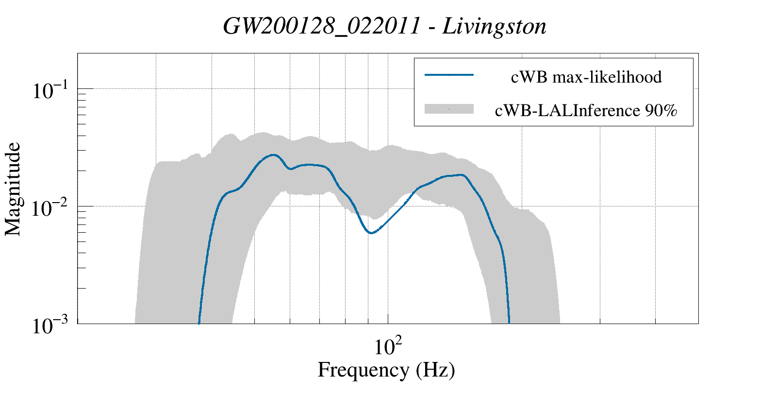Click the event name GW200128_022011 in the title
pos(321,27)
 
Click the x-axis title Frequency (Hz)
pos(386,370)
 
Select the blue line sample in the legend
pos(449,75)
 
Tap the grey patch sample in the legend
pos(449,109)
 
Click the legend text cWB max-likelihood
pos(586,77)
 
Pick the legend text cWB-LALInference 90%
pos(586,111)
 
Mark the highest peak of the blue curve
pos(274,155)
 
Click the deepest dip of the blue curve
pos(371,233)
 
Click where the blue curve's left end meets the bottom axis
pos(199,323)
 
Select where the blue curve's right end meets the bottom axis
pos(509,323)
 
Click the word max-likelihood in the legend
pos(607,77)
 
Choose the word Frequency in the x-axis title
pos(363,370)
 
